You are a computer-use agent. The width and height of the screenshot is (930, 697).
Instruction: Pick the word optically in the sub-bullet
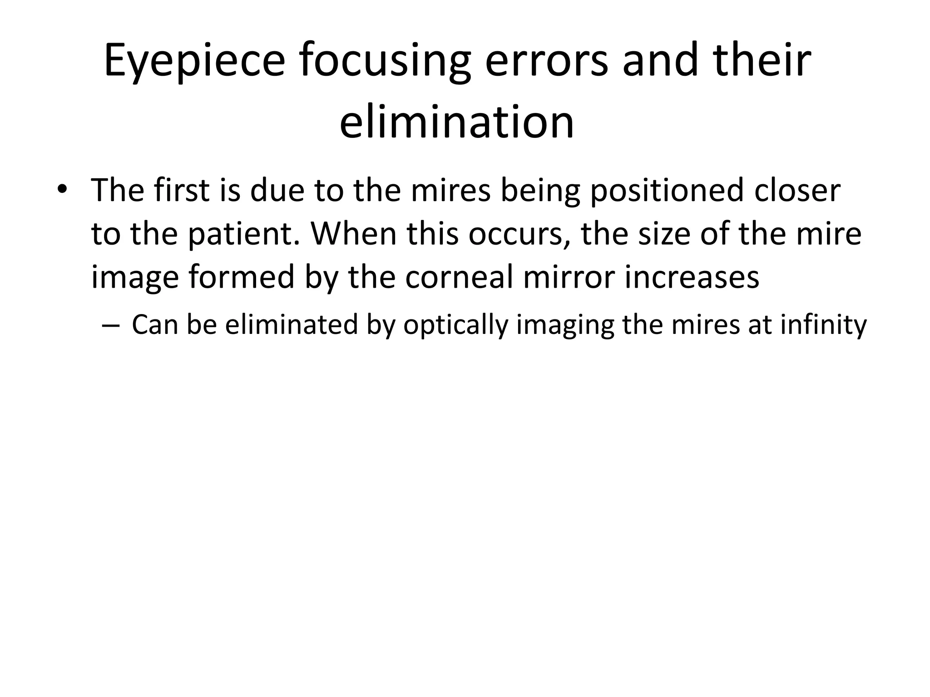click(455, 326)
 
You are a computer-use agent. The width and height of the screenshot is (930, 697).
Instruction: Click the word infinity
click(824, 325)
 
